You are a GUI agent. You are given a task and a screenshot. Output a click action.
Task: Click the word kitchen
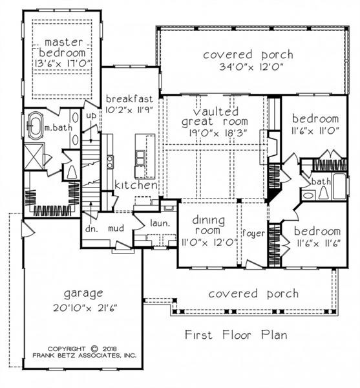coord(136,186)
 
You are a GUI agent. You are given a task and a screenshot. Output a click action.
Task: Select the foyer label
coord(253,233)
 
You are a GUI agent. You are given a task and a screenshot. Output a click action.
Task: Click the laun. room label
coord(159,223)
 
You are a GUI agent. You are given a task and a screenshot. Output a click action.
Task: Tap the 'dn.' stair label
coord(91,228)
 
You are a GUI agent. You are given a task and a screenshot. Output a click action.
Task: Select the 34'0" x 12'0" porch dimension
coord(248,67)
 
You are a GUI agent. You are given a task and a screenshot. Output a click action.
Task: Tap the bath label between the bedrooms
coord(321,182)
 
